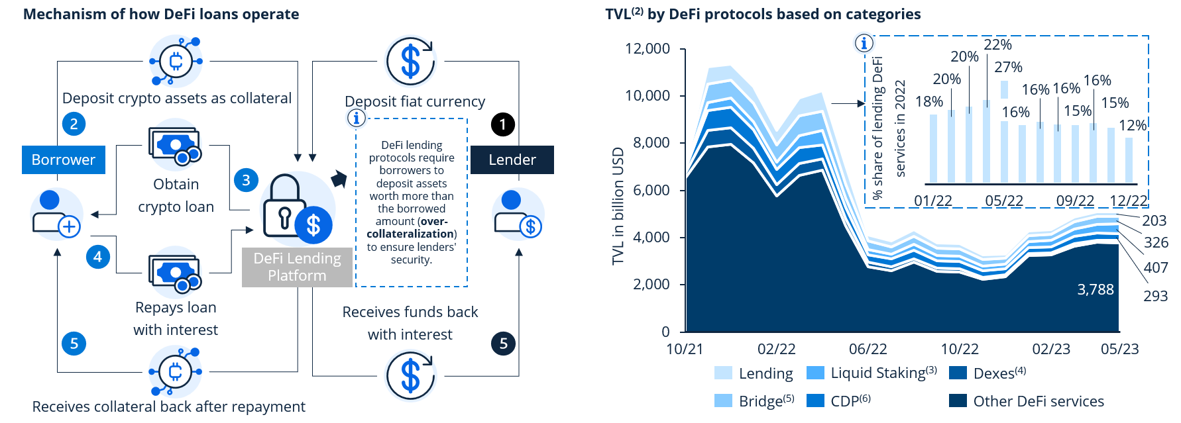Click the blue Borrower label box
click(x=64, y=160)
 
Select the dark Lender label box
click(x=512, y=160)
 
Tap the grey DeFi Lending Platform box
click(x=297, y=267)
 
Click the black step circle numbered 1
click(x=503, y=124)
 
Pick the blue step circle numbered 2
click(x=74, y=124)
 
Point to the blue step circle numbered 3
click(x=246, y=180)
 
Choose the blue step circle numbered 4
click(x=98, y=257)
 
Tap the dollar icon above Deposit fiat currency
click(x=411, y=61)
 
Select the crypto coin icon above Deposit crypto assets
click(x=176, y=62)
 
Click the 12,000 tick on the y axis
click(x=647, y=48)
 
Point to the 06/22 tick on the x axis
click(x=868, y=349)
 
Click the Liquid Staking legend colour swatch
click(x=815, y=373)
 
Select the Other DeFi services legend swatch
click(x=958, y=400)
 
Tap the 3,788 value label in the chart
click(x=1096, y=289)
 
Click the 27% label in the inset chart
click(x=1008, y=67)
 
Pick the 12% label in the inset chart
click(x=1133, y=125)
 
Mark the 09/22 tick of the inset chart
click(x=1075, y=201)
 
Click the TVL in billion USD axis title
click(x=618, y=206)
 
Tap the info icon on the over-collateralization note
click(x=357, y=118)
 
